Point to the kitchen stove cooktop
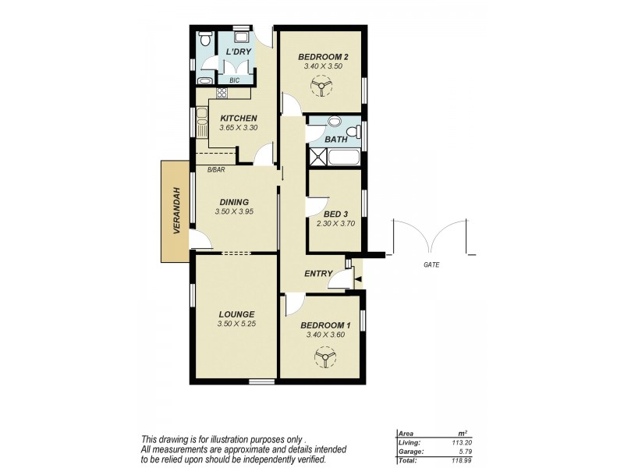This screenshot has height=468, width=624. point(221,93)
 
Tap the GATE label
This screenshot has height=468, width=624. point(431,265)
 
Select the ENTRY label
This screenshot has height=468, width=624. point(318,274)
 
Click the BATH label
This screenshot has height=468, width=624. point(336,140)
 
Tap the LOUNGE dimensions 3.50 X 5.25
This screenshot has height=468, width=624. point(236,324)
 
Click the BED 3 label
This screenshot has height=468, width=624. point(337,213)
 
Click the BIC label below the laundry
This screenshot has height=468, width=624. point(234,80)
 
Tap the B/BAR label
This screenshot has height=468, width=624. point(215,169)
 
